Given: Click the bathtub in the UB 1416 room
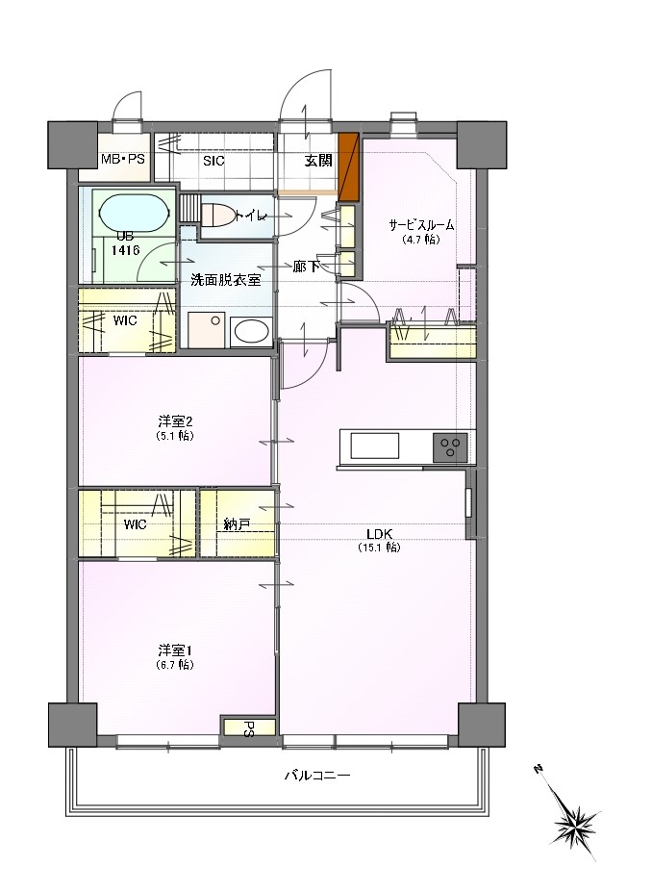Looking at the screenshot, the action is pos(135,214).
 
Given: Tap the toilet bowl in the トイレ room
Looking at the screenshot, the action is pos(216,216).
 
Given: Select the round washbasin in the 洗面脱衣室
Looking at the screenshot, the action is pos(251,331).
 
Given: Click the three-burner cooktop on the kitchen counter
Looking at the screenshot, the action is pos(451,446).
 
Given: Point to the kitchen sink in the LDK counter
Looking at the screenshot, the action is pos(375,446).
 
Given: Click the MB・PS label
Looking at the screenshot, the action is pos(123,160).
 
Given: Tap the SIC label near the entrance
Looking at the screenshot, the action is pos(213,161).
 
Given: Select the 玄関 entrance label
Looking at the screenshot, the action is pos(317,161).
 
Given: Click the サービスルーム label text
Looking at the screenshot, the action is pos(421,225).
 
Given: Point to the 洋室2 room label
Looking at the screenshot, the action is pos(176,421).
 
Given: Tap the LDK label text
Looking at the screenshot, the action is pos(380,534).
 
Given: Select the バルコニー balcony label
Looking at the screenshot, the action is pos(317,775).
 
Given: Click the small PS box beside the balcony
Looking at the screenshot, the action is pos(249,727).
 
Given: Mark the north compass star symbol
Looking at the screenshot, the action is pos(573,823).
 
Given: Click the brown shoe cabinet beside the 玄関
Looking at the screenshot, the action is pos(348,166).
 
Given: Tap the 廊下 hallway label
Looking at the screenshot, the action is pos(306,266).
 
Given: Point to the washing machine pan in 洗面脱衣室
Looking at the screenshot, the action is pos(207,330).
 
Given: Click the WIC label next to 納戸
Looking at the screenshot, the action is pos(135,523).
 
